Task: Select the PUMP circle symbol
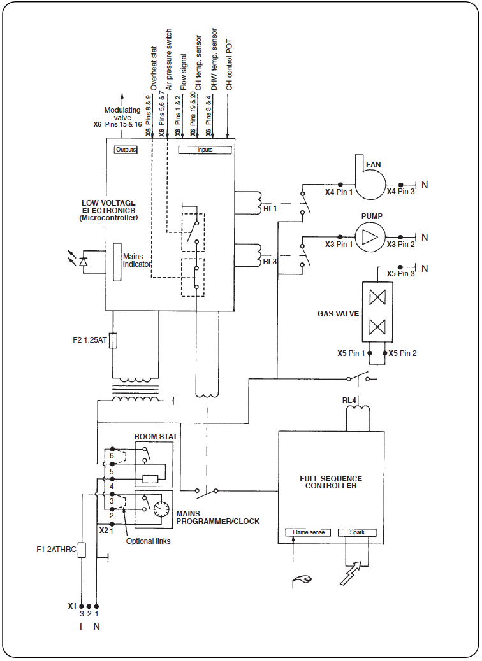[370, 238]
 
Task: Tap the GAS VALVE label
[339, 314]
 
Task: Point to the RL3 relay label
[270, 261]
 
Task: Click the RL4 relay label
[349, 401]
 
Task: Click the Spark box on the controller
[357, 532]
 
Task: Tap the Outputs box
[126, 150]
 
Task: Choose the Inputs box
[205, 150]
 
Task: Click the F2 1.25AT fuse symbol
[113, 341]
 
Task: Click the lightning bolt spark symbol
[353, 572]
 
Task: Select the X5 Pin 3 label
[400, 274]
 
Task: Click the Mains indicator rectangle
[117, 261]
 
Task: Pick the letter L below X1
[81, 627]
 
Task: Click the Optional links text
[149, 541]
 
